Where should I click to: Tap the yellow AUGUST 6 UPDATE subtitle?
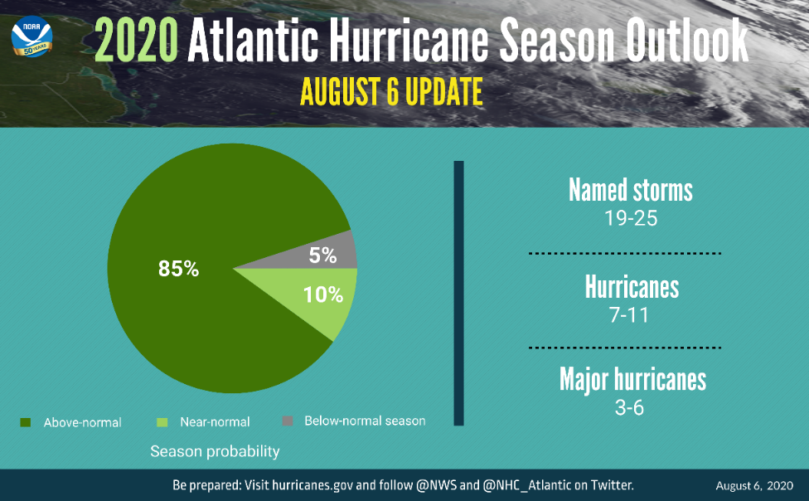(x=391, y=92)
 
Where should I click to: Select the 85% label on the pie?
(x=178, y=269)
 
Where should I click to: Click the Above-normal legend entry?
(x=82, y=422)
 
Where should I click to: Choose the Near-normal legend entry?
(x=215, y=422)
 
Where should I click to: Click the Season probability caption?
(x=215, y=452)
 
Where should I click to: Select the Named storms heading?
(x=631, y=190)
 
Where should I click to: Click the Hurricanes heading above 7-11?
(x=632, y=287)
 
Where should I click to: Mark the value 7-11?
(x=632, y=316)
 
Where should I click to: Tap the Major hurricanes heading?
(x=632, y=379)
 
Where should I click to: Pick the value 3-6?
(x=630, y=408)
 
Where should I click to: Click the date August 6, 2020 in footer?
(x=754, y=485)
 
